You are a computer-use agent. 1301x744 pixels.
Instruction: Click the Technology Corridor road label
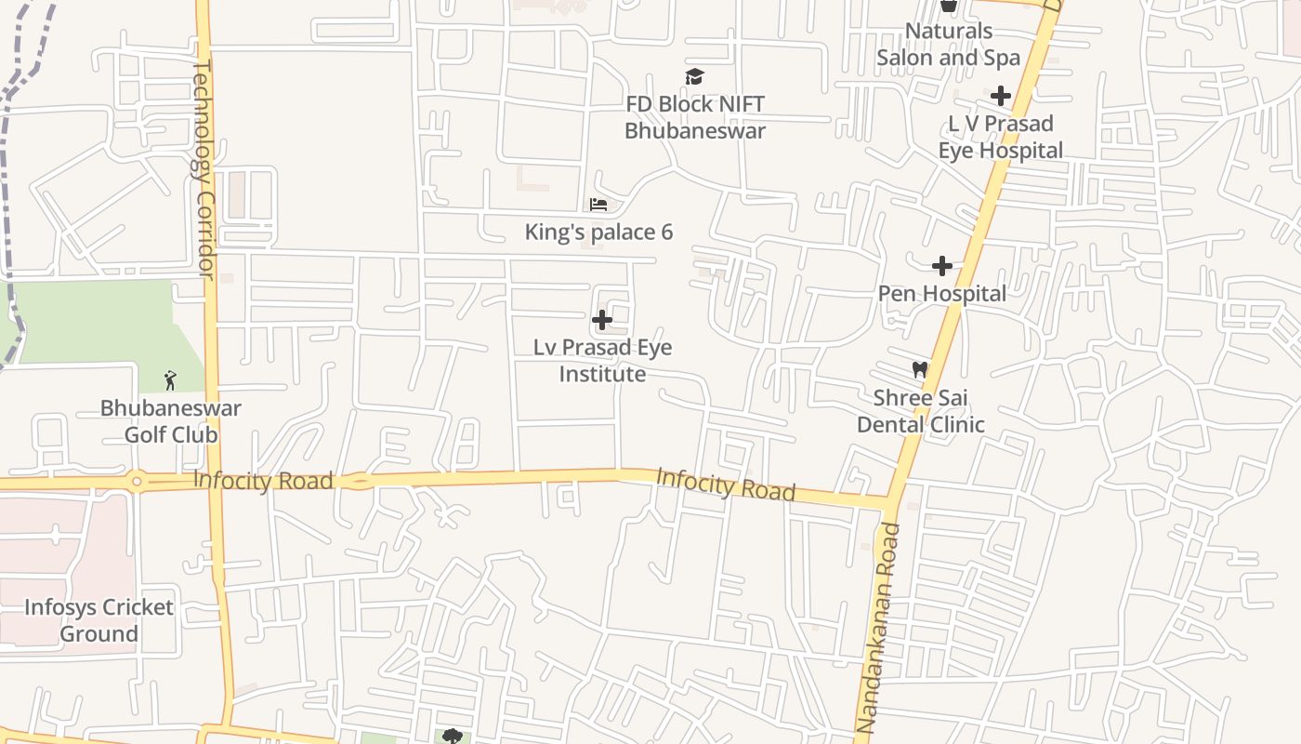204,168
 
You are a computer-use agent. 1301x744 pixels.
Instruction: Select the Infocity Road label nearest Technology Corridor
263,481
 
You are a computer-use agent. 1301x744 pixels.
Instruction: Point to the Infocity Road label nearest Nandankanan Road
726,484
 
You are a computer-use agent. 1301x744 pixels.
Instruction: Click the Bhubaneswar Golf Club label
171,421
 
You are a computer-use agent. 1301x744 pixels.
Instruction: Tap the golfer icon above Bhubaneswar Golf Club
170,379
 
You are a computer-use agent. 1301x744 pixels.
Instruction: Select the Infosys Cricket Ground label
99,620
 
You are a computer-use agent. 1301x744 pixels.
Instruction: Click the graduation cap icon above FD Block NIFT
694,76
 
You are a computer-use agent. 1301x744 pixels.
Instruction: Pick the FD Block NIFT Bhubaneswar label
695,117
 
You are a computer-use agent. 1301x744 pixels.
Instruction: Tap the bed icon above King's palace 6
598,205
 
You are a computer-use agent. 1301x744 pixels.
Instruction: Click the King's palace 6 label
598,232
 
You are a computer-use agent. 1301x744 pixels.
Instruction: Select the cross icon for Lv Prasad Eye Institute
602,321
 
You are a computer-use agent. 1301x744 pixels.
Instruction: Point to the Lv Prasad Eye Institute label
602,361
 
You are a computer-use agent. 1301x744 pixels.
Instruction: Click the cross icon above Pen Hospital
942,266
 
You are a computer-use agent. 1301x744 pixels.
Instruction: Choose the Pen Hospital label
942,294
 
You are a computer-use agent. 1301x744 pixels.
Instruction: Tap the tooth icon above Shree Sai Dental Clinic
920,370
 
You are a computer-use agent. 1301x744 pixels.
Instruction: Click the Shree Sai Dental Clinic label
920,411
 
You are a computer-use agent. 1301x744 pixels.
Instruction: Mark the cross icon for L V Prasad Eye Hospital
1001,96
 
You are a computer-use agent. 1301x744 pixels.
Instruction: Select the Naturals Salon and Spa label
949,44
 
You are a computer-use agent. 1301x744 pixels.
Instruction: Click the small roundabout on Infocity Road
137,482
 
